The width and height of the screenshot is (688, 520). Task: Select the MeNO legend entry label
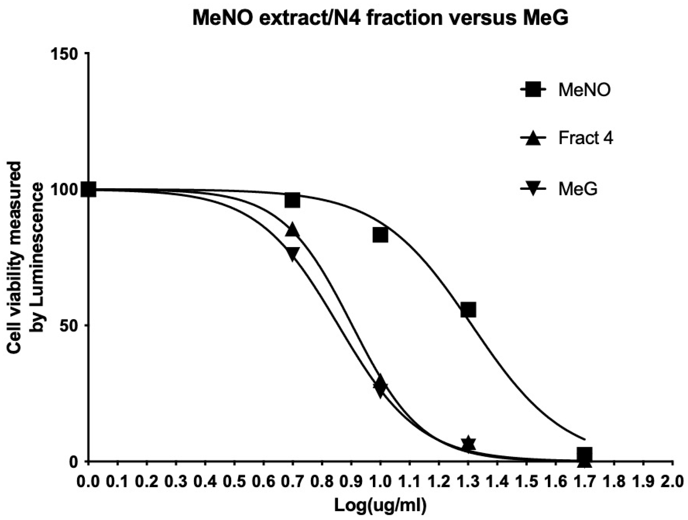(x=584, y=90)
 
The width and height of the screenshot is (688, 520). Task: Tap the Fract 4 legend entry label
(x=586, y=139)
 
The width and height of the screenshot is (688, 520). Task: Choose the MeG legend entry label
(x=578, y=189)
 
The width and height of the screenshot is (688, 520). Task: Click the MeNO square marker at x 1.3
(x=468, y=309)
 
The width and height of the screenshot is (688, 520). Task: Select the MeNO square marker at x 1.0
(x=380, y=235)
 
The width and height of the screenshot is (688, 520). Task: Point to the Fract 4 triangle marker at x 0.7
(x=292, y=230)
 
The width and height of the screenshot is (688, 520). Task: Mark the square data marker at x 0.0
(x=88, y=189)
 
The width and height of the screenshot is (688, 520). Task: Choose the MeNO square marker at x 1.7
(x=585, y=455)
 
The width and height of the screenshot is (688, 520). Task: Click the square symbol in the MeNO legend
(x=533, y=90)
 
